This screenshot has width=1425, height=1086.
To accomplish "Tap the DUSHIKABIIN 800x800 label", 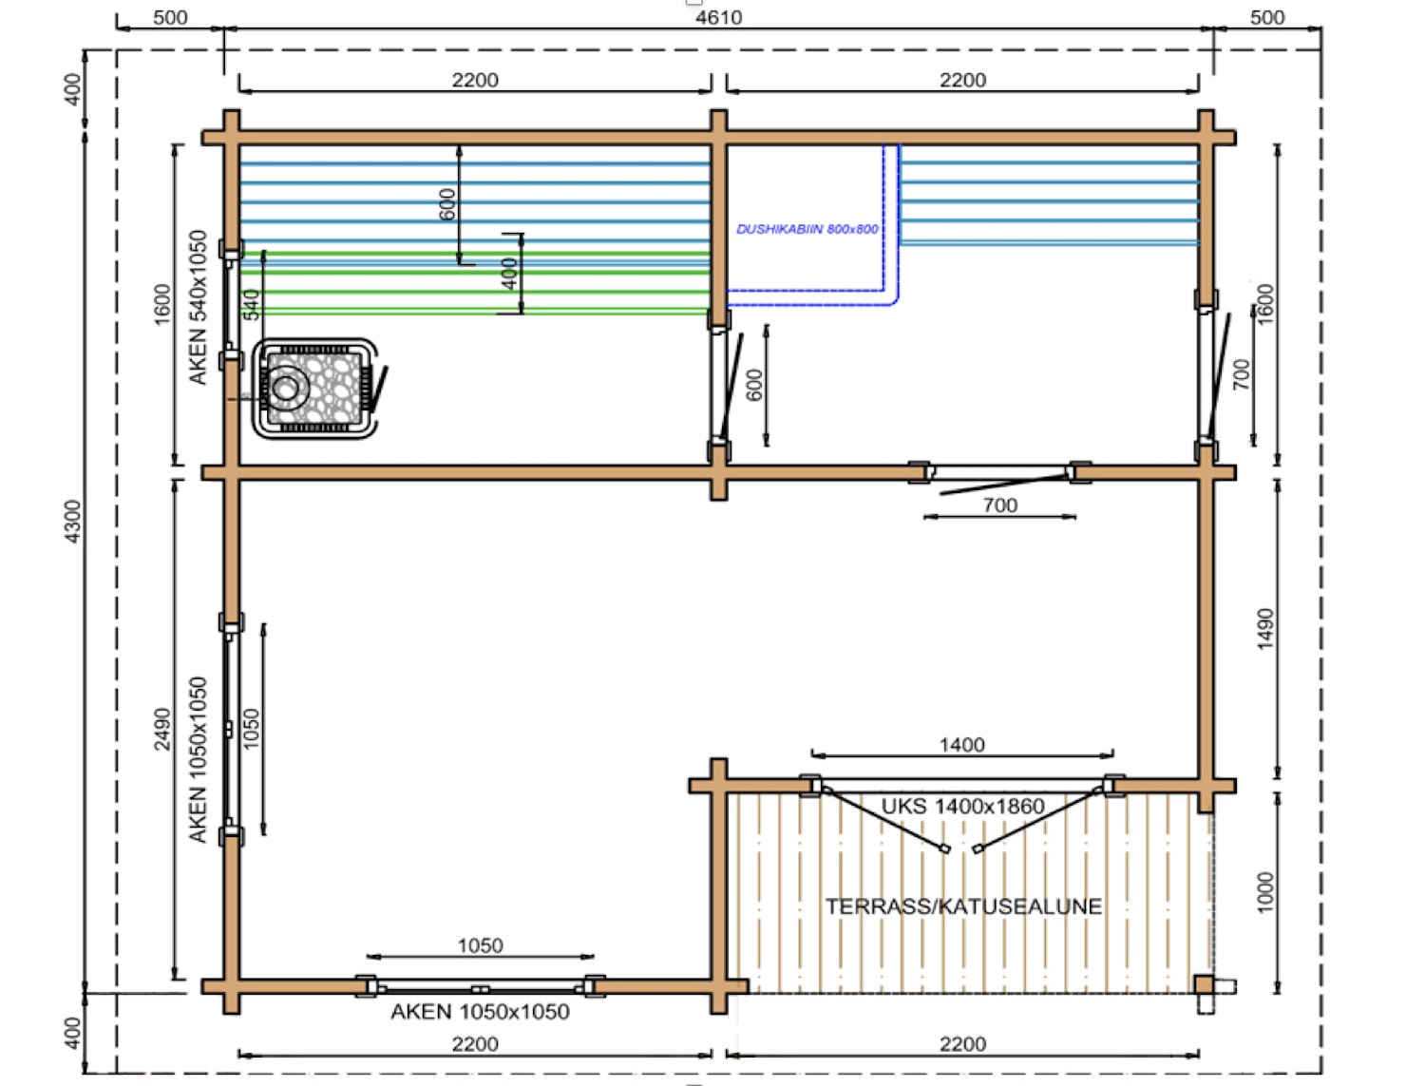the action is pos(807,229).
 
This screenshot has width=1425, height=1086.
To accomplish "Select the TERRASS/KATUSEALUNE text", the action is pos(963,906).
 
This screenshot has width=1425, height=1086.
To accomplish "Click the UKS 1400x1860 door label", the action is pos(962,807).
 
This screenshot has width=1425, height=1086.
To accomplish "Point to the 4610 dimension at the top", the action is pos(718,17).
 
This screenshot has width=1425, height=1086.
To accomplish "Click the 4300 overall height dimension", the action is pos(73,522).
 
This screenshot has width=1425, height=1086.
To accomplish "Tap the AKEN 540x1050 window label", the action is pos(198,308).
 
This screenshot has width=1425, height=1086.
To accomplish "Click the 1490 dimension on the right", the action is pos(1266,628).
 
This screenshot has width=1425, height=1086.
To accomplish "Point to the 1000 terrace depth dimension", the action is pos(1266,892).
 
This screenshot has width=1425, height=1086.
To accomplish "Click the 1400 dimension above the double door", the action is pos(962,745).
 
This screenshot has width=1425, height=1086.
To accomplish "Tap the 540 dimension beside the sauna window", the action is pos(252,304).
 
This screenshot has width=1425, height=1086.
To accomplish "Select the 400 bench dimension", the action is pos(510,274).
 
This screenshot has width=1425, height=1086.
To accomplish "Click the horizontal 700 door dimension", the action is pos(999,505).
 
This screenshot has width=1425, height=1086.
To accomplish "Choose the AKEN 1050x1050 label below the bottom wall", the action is pos(480,1012).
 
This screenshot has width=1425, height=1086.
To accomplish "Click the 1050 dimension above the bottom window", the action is pos(481,945).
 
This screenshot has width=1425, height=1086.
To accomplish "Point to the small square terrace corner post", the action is pos(1205,984).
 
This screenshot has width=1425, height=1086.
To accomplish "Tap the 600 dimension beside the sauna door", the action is pos(755,385).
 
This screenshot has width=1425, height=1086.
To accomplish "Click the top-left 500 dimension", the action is pos(170,17).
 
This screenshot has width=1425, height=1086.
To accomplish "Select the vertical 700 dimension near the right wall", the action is pos(1242,374).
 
